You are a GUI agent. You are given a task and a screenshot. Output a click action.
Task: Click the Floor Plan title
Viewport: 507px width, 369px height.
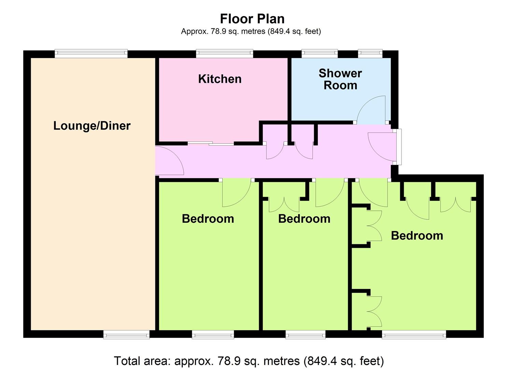[x=252, y=19]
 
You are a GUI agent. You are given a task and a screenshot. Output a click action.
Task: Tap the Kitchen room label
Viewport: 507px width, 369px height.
[x=220, y=79]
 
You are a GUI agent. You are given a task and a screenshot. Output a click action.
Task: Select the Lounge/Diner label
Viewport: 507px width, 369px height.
[x=92, y=126]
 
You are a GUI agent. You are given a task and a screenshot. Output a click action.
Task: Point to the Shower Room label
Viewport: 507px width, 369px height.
[x=340, y=79]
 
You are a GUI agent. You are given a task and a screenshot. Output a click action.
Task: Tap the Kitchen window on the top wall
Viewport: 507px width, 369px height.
[x=225, y=53]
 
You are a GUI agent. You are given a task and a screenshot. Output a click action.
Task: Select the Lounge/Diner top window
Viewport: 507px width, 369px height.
[x=91, y=53]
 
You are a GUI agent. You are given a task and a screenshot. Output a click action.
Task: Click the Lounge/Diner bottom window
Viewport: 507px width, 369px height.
[x=127, y=334]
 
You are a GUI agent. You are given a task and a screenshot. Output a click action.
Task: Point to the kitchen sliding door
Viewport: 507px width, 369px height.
[x=211, y=143]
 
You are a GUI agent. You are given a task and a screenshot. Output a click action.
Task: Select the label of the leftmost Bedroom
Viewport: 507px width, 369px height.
[x=208, y=219]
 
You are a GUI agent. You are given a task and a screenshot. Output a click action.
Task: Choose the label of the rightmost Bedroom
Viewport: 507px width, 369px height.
[x=417, y=236]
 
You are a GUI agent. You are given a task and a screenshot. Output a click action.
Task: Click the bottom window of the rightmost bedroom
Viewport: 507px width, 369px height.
[x=414, y=334]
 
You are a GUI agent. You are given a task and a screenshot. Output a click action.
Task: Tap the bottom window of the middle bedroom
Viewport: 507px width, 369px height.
[x=306, y=334]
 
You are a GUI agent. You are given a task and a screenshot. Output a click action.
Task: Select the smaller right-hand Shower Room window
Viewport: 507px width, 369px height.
[x=370, y=53]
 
